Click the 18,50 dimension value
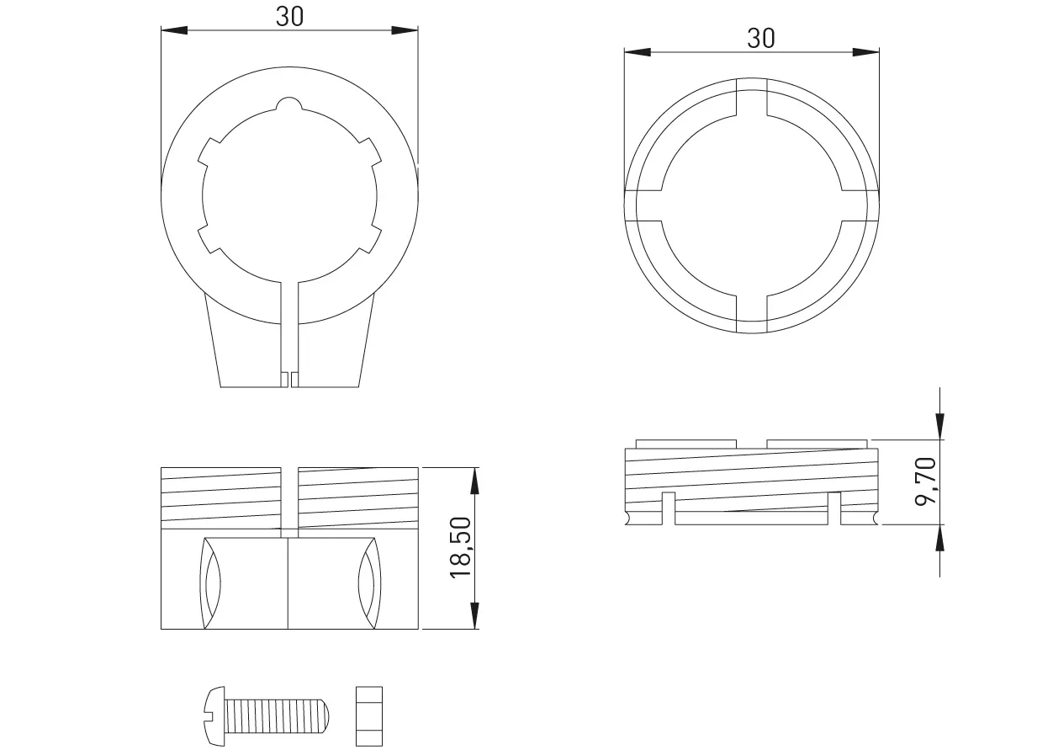459,548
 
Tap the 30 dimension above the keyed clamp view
289,18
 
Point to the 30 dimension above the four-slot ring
760,38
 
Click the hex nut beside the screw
368,716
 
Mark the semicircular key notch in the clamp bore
288,104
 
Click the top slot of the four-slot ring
752,97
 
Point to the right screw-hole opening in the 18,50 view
367,582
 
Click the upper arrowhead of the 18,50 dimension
475,480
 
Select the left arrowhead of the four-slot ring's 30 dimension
636,52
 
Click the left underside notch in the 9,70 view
669,508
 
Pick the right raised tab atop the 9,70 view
817,444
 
